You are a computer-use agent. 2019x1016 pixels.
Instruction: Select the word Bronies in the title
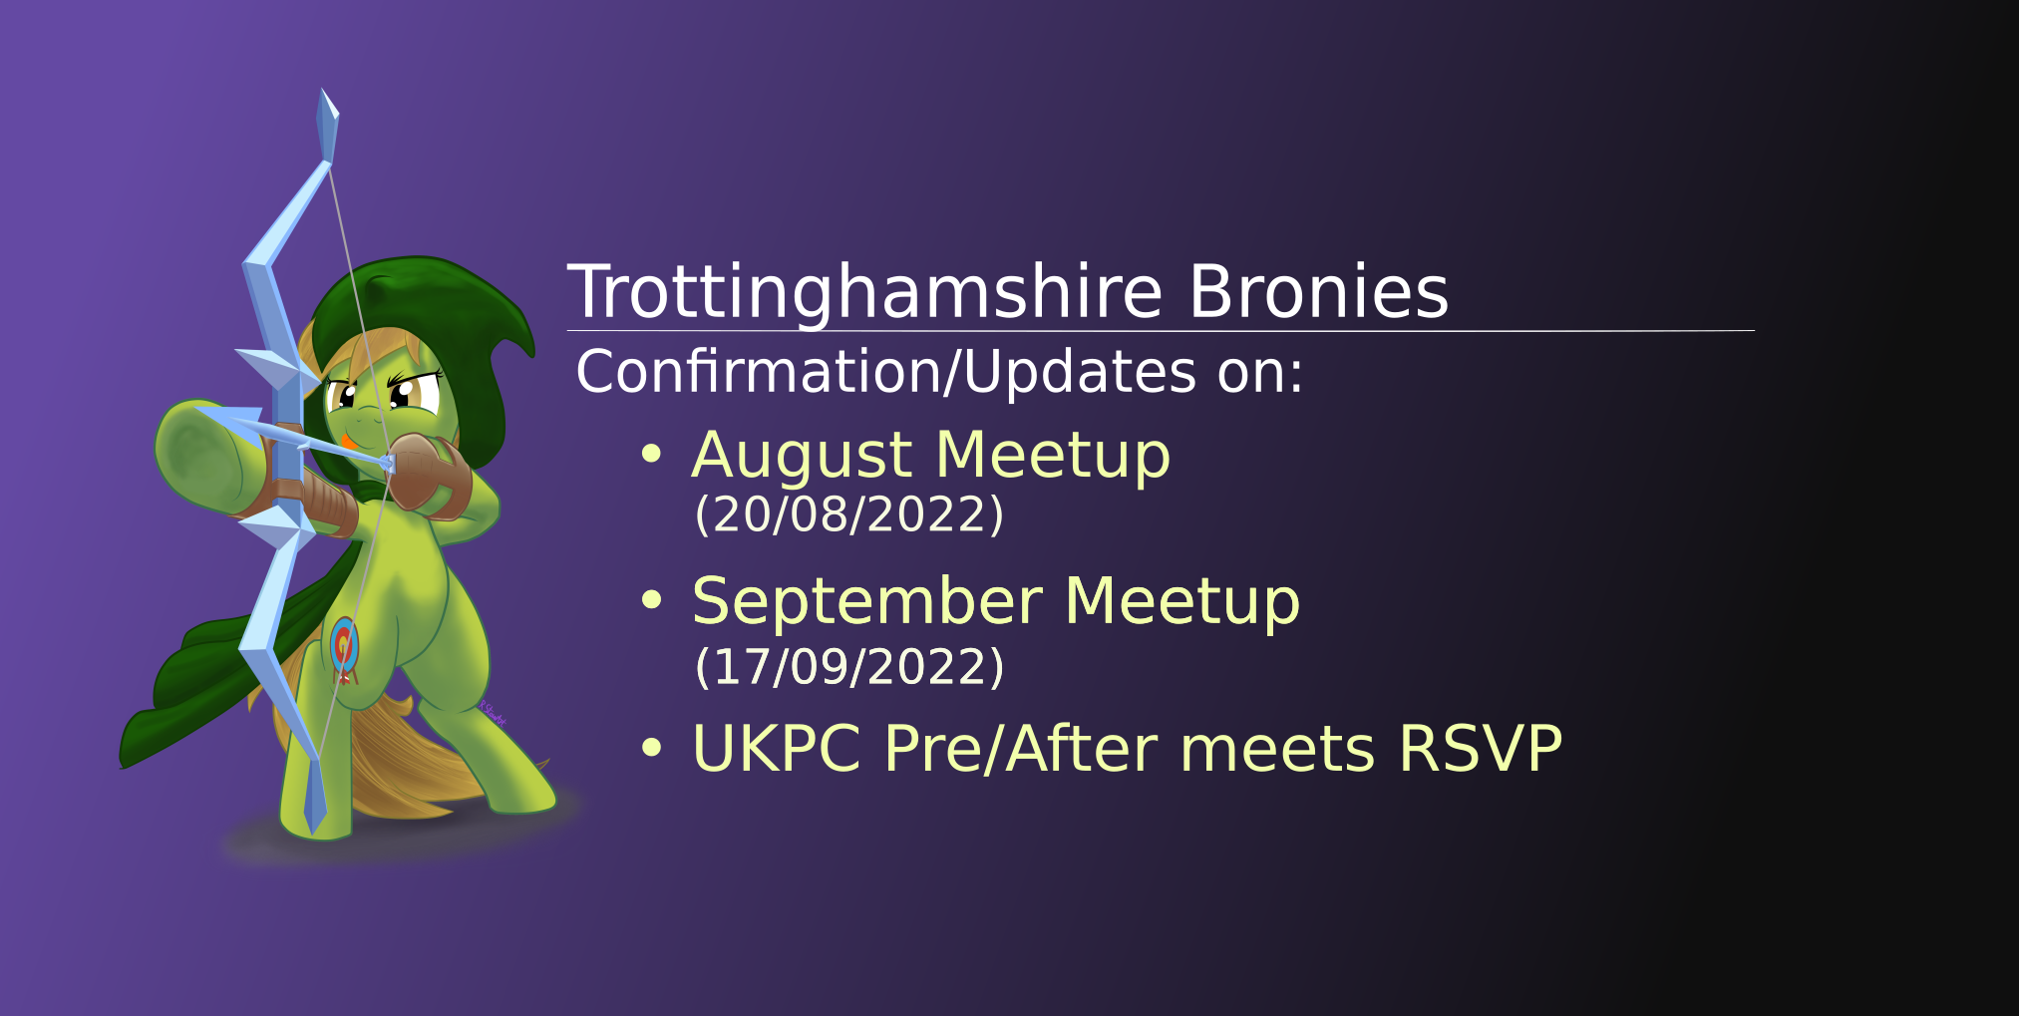(x=1317, y=292)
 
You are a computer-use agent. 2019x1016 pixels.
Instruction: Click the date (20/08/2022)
(x=848, y=514)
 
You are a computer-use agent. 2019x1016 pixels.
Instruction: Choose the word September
(x=866, y=601)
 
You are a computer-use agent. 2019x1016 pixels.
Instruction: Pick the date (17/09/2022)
(x=848, y=666)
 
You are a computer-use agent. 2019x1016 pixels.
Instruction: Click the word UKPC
(x=776, y=748)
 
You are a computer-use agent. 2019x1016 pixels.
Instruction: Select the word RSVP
(x=1480, y=748)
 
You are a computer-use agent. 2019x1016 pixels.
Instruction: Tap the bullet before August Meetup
(x=651, y=455)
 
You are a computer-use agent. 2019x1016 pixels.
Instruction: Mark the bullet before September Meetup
(x=651, y=600)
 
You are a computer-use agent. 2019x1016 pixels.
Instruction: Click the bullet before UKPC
(x=651, y=748)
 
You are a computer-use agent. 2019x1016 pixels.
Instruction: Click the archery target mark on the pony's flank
(x=344, y=646)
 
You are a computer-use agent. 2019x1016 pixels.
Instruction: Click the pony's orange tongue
(x=346, y=440)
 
